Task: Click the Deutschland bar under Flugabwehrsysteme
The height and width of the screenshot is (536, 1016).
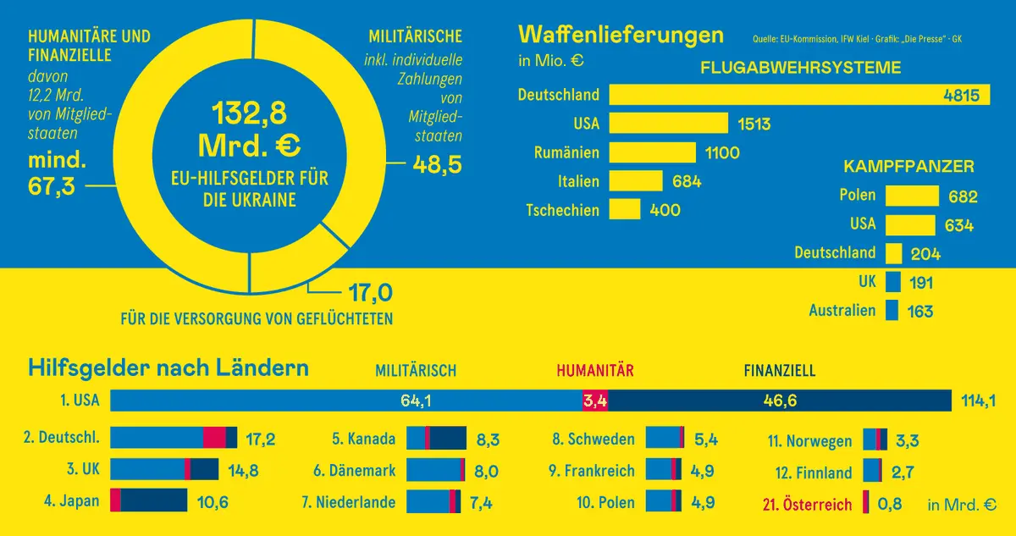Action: [x=799, y=95]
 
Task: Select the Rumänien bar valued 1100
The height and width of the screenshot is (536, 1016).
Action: [x=653, y=152]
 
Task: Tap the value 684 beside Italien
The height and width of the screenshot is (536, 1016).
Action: [x=686, y=181]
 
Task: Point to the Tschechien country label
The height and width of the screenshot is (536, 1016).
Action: [x=562, y=210]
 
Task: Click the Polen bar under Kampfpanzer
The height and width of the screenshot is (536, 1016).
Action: [x=912, y=196]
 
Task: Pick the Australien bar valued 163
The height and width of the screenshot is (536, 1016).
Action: [x=892, y=311]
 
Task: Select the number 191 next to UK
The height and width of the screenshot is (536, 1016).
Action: [x=921, y=283]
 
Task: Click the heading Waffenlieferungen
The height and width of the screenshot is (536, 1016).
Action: [x=621, y=35]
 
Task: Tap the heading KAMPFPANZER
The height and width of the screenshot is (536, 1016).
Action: [x=908, y=166]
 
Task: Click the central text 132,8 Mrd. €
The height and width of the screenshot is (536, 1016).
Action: [x=250, y=130]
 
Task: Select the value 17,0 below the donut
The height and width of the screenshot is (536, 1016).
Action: [x=370, y=293]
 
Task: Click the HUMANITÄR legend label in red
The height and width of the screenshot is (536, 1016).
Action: [x=595, y=370]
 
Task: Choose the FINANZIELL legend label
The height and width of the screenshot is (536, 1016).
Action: [x=779, y=370]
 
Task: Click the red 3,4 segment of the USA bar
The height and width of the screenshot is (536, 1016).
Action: [x=595, y=401]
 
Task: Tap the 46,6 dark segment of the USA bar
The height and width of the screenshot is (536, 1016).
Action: [x=780, y=401]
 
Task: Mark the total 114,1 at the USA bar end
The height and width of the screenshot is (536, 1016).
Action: [x=978, y=401]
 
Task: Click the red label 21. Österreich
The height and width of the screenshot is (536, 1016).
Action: [x=807, y=505]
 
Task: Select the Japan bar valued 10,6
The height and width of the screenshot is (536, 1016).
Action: [x=148, y=500]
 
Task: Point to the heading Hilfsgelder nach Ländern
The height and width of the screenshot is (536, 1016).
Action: [x=168, y=368]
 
